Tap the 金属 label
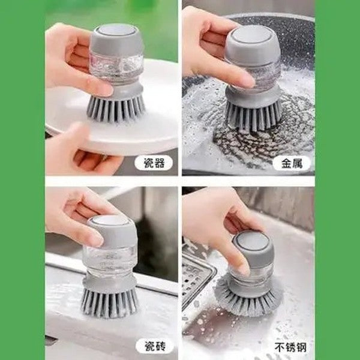(292, 163)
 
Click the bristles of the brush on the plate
(116, 108)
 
